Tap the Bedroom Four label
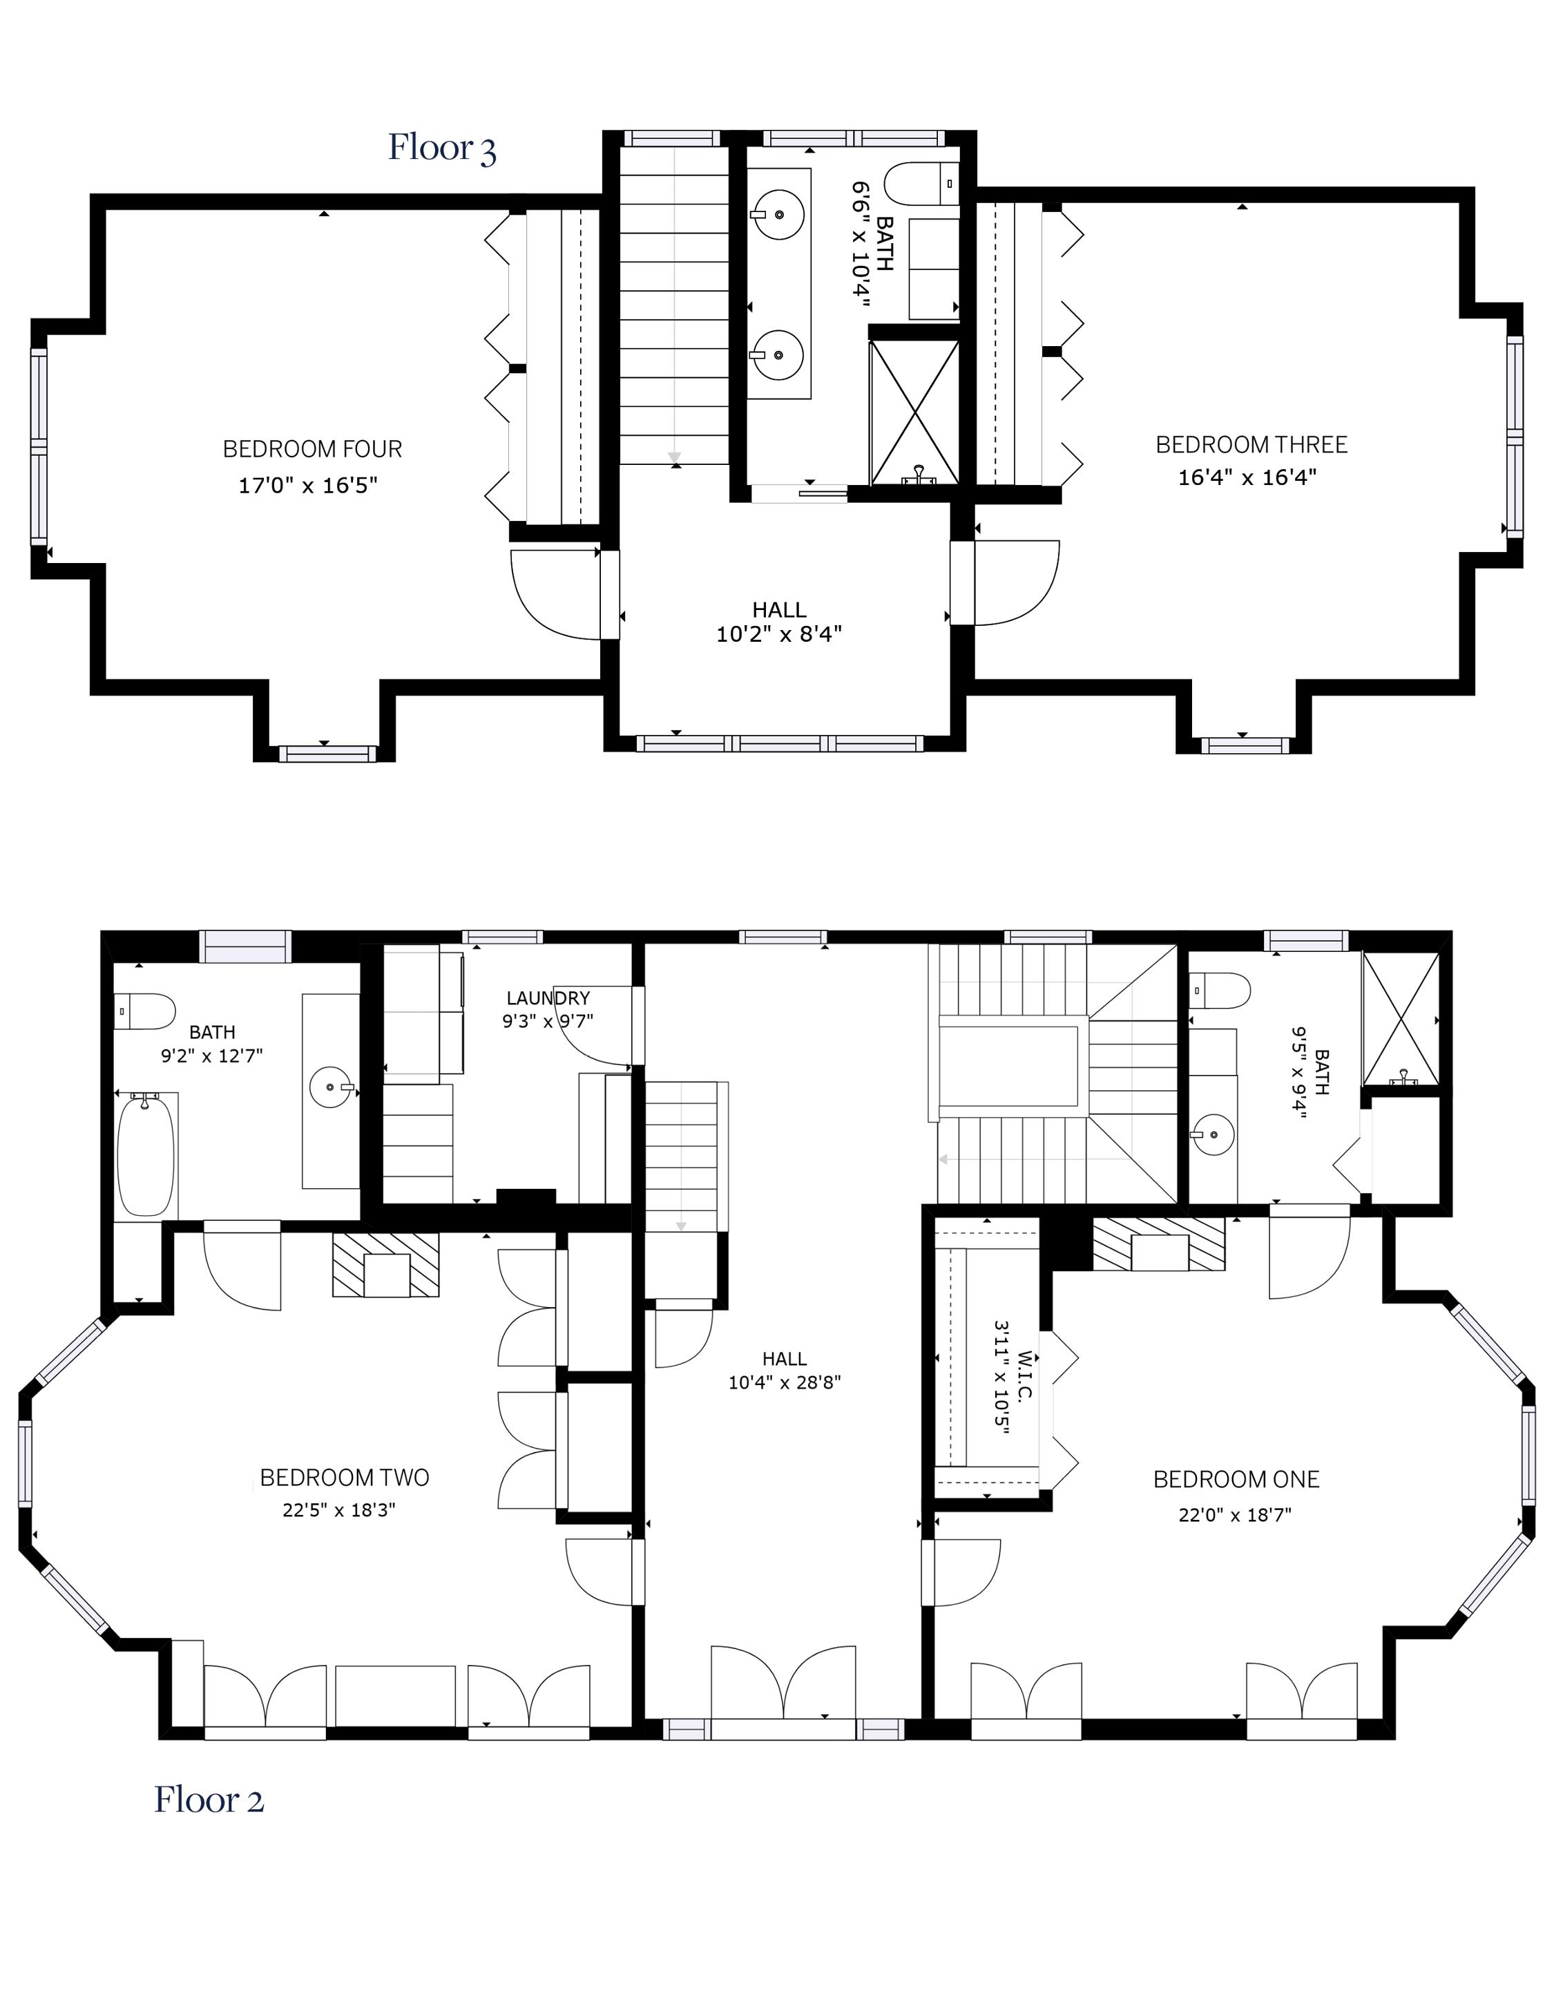[x=312, y=449]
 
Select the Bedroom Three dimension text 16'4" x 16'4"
[x=1247, y=477]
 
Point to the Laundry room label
[x=548, y=998]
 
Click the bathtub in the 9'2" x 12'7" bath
[x=146, y=1154]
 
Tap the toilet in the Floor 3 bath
[x=921, y=183]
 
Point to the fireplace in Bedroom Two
[x=386, y=1265]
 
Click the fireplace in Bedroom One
[x=1159, y=1244]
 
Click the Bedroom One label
[x=1236, y=1480]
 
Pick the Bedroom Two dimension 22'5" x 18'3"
[x=339, y=1510]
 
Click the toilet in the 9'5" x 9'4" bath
[x=1220, y=991]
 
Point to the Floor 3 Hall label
[x=779, y=609]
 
